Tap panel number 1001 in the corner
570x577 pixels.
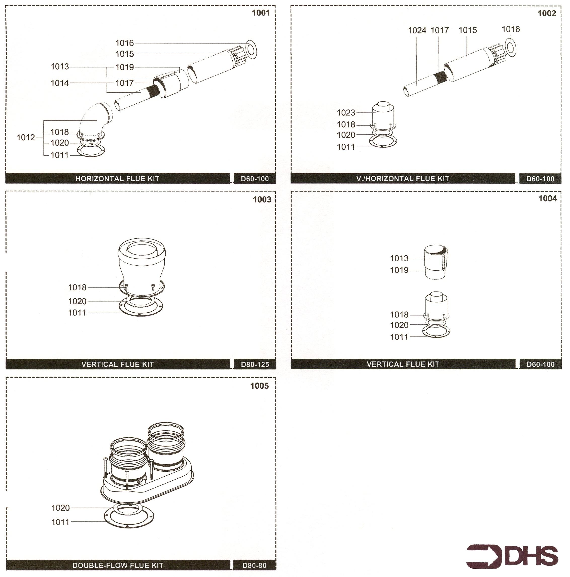tap(261, 13)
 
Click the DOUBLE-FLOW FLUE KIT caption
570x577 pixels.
tap(118, 565)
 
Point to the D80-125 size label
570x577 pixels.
tap(255, 364)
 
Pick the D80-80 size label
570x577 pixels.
tap(254, 565)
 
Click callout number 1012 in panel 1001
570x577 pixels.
tap(26, 137)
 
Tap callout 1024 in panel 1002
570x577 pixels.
tap(417, 30)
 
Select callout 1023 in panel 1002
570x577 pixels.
tap(346, 113)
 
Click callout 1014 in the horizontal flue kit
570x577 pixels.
tap(60, 83)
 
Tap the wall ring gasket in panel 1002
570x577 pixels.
tap(511, 47)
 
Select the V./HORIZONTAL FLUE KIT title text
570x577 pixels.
tap(403, 179)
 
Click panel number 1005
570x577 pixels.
tap(259, 386)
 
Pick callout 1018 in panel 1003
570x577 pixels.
tap(77, 287)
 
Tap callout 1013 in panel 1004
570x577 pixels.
tap(399, 258)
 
